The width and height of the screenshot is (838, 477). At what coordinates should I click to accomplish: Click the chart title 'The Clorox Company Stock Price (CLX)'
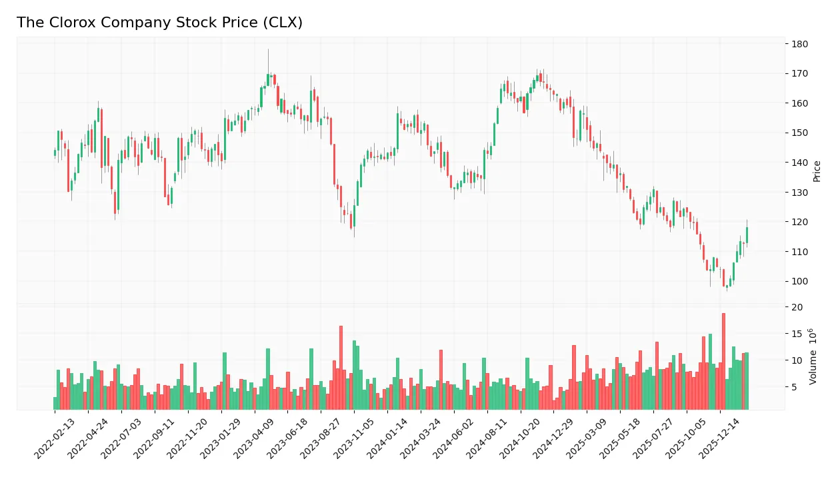(159, 23)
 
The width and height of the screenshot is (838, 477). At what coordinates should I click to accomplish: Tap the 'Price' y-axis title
(817, 171)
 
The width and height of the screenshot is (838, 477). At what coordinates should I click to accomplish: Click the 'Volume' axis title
(813, 356)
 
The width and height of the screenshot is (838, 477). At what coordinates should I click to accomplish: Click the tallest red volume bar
(723, 361)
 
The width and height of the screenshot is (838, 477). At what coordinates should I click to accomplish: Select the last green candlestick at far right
(747, 235)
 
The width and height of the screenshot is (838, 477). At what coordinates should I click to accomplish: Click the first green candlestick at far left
(55, 153)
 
